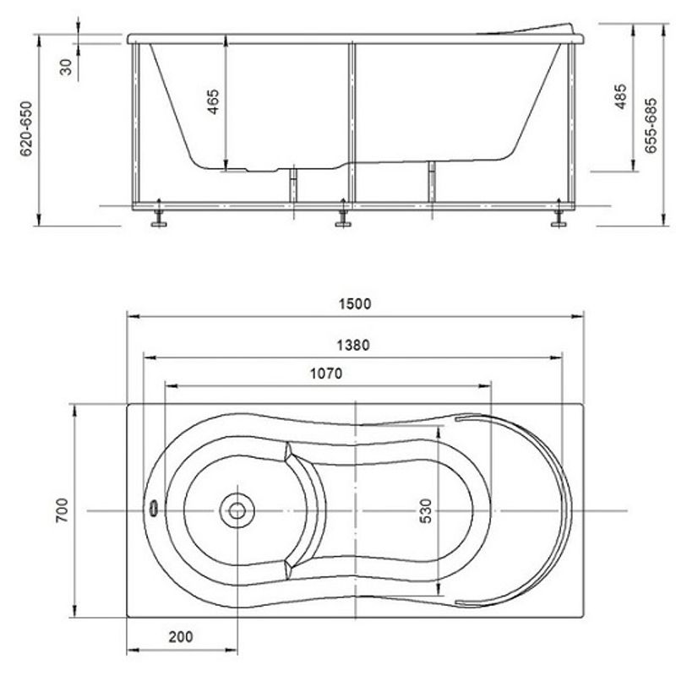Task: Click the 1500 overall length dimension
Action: point(354,304)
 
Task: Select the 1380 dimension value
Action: point(353,346)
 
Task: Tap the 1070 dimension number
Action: point(326,373)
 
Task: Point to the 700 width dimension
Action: point(62,510)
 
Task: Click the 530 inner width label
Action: point(426,511)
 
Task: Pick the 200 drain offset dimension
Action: point(181,637)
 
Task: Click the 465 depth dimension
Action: point(213,101)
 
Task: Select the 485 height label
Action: point(620,96)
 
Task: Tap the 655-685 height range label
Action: point(651,125)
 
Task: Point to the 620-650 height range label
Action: point(26,129)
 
